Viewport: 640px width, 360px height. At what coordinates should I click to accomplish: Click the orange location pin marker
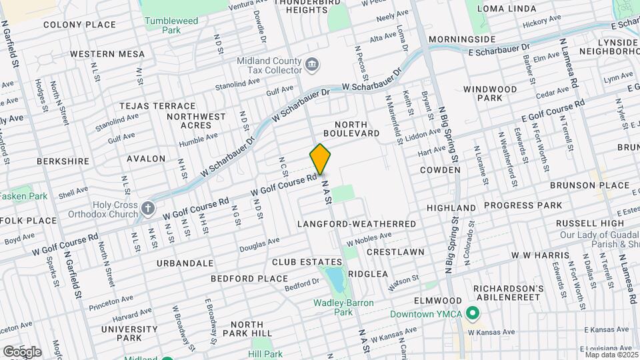pos(321,159)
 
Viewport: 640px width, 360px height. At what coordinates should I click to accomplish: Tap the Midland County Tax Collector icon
pos(312,65)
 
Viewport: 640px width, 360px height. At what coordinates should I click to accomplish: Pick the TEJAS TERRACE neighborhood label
pos(157,106)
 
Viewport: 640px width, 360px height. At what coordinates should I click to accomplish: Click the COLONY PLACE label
pos(79,25)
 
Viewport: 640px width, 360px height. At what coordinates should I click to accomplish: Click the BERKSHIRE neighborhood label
pos(63,161)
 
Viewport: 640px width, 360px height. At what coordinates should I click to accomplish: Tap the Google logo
pos(21,351)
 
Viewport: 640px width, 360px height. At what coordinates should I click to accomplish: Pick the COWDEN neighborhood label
pos(440,170)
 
